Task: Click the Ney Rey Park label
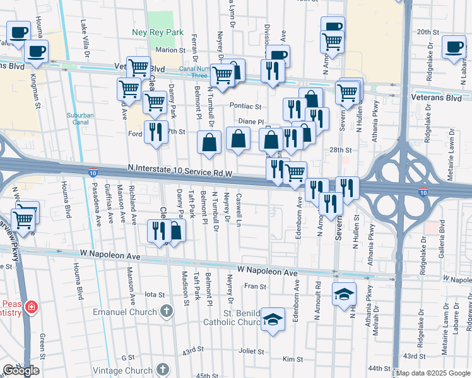(158, 32)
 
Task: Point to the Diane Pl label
(249, 121)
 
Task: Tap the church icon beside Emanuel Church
(167, 310)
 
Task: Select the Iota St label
(155, 294)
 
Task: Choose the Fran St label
(256, 286)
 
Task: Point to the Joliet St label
(251, 351)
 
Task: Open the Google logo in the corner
(21, 370)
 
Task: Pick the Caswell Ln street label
(239, 215)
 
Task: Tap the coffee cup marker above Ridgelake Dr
(454, 46)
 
